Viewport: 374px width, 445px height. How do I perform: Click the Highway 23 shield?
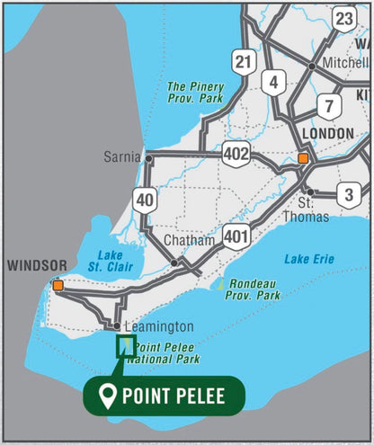343,19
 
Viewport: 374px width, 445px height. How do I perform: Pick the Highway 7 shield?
330,105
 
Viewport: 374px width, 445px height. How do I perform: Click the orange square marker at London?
303,158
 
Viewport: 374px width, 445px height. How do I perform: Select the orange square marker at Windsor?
58,285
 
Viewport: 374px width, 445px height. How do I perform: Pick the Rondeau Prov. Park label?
251,289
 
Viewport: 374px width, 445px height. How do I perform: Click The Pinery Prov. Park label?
196,93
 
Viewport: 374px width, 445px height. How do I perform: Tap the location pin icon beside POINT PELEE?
109,396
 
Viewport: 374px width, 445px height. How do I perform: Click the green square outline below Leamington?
126,345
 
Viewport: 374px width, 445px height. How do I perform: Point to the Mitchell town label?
345,67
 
